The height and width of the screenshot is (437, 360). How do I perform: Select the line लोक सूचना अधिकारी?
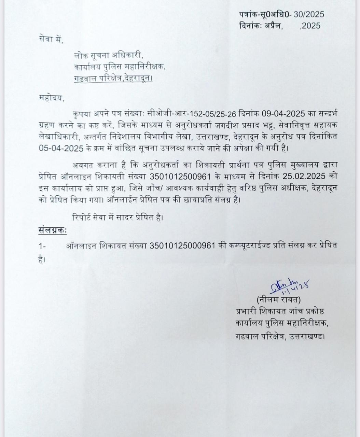pos(109,56)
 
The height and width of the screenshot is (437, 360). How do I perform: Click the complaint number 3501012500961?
pos(191,176)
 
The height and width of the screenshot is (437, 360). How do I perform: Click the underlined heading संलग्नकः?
pos(52,230)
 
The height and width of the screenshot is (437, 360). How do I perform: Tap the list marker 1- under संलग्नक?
pos(42,246)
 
